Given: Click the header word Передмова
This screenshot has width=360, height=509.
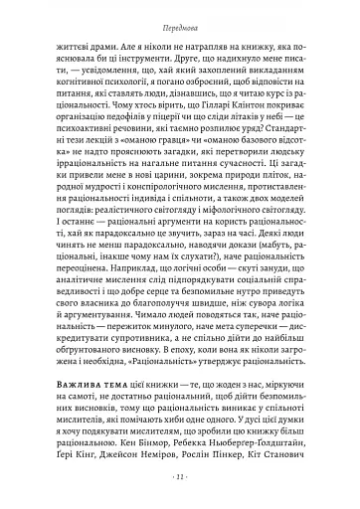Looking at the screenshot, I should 179,20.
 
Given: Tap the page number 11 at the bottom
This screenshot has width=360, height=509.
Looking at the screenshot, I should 179,476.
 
